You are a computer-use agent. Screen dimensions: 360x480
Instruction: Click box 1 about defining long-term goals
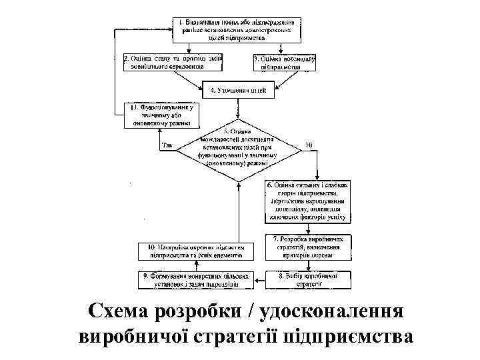[239, 29]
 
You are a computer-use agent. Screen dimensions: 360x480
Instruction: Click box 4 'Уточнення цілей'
[239, 90]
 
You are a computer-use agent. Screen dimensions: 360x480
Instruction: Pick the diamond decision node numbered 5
[239, 150]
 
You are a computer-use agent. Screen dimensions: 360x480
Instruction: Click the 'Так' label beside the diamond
[167, 145]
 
